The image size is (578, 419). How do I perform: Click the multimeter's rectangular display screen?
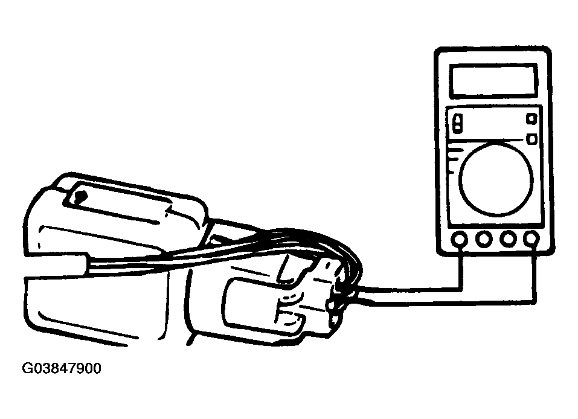(x=493, y=81)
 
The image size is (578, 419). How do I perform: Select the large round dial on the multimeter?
(x=496, y=179)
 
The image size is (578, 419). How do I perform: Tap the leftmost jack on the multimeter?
(x=459, y=240)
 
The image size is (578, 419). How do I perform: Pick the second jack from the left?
(x=484, y=240)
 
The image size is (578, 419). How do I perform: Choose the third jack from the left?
(x=508, y=239)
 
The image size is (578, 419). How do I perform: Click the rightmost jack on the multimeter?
(x=531, y=238)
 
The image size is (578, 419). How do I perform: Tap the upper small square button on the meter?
(x=531, y=119)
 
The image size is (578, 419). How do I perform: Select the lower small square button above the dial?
(x=532, y=139)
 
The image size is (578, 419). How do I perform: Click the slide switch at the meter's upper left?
(x=457, y=123)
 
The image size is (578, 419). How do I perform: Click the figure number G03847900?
(x=62, y=368)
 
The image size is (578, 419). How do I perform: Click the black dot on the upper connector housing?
(x=79, y=197)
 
